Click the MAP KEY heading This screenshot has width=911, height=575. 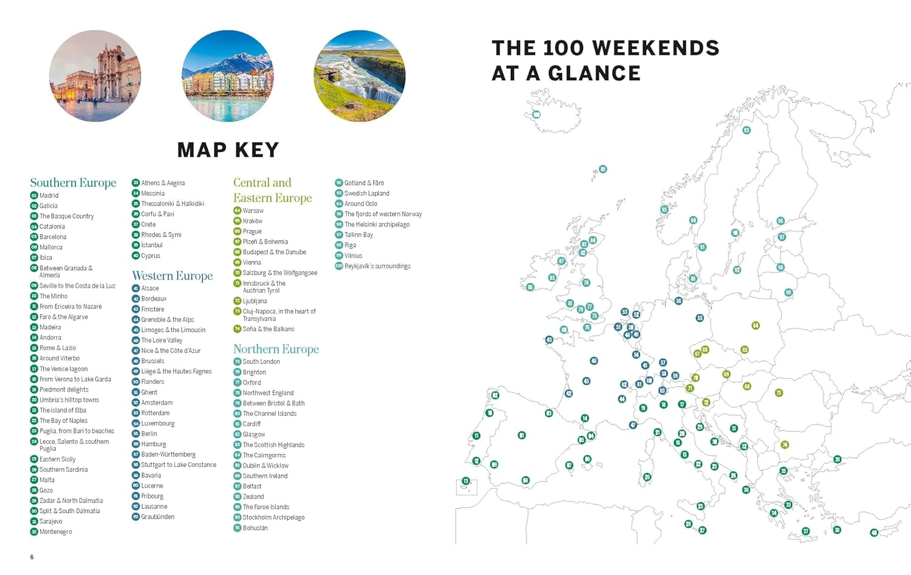228,150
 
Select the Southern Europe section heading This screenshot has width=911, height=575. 73,183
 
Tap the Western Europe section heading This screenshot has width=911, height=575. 172,276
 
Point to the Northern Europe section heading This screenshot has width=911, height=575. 276,349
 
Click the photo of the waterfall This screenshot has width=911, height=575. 360,76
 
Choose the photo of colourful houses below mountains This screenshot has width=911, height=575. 228,76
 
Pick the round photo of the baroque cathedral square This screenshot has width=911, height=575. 95,76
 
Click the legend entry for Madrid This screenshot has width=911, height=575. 49,196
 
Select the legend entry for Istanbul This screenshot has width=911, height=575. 151,245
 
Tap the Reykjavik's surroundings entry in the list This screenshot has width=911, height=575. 377,266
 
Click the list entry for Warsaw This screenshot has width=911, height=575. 253,211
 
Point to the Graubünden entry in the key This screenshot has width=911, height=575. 157,517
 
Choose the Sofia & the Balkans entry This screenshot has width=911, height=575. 268,329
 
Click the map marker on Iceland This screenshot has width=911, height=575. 536,115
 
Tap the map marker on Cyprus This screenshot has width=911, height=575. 874,532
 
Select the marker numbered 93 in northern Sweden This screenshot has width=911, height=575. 746,130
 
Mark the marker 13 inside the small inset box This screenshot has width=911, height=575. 466,481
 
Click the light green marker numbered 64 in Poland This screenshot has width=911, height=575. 756,325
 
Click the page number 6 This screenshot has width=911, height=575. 32,557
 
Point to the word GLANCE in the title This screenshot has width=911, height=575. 594,73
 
